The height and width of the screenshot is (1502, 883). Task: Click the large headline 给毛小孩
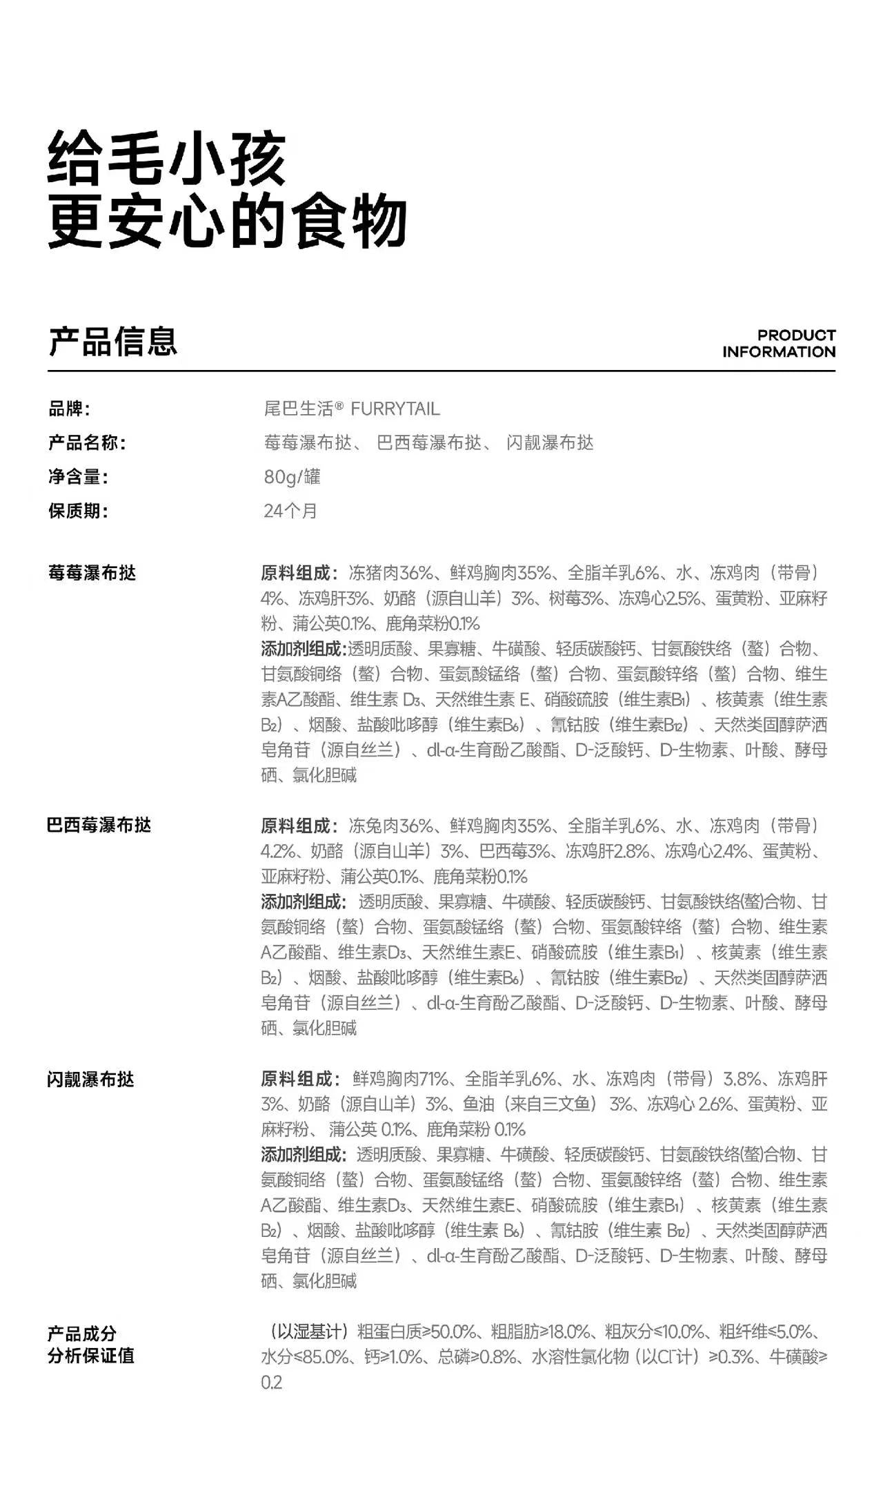pyautogui.click(x=166, y=160)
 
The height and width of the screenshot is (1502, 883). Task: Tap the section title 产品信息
pyautogui.click(x=112, y=342)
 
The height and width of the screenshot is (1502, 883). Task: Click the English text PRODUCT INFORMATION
pyautogui.click(x=779, y=344)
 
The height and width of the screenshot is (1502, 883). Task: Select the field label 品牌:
pyautogui.click(x=69, y=409)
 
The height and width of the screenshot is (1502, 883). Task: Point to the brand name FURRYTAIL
pyautogui.click(x=395, y=409)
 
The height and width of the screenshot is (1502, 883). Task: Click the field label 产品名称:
pyautogui.click(x=87, y=442)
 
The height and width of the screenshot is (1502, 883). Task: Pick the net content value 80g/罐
pyautogui.click(x=292, y=477)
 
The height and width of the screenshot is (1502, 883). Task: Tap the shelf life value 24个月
pyautogui.click(x=290, y=511)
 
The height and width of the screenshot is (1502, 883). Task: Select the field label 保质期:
pyautogui.click(x=78, y=511)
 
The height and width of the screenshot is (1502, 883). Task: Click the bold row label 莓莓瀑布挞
pyautogui.click(x=92, y=573)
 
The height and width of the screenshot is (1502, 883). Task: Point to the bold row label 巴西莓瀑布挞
pyautogui.click(x=99, y=826)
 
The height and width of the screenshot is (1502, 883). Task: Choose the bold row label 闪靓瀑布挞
pyautogui.click(x=90, y=1079)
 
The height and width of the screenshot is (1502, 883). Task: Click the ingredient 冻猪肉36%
pyautogui.click(x=390, y=573)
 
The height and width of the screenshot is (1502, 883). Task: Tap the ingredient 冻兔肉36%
pyautogui.click(x=390, y=826)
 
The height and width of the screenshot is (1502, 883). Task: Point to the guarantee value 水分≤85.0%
pyautogui.click(x=304, y=1357)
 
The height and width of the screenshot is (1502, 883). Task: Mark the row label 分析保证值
pyautogui.click(x=90, y=1356)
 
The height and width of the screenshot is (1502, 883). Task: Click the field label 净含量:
pyautogui.click(x=78, y=477)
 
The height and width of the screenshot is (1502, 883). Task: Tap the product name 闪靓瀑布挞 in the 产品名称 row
pyautogui.click(x=550, y=442)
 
